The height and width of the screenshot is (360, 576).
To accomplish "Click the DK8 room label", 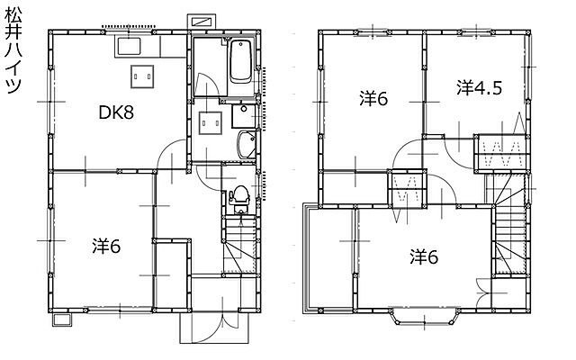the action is (x=116, y=112).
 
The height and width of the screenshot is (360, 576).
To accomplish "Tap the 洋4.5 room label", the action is (x=480, y=88).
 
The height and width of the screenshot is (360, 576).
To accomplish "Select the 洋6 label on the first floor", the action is (x=106, y=246).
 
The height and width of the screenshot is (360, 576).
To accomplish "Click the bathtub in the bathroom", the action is (x=241, y=61).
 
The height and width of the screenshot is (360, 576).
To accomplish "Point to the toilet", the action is (x=240, y=199).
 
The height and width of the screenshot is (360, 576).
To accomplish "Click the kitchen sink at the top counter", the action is (x=129, y=46).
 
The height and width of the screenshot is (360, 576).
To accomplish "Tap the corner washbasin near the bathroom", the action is (x=246, y=145).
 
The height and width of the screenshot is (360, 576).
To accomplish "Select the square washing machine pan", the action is (x=243, y=116).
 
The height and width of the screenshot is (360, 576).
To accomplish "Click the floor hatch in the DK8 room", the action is (x=142, y=76).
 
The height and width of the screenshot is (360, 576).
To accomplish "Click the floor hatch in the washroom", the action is (x=211, y=123).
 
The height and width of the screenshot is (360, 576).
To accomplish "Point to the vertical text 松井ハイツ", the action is (x=13, y=51).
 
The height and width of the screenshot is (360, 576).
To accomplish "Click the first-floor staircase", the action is (x=240, y=245).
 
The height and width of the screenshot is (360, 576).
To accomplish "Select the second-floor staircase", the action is (x=510, y=225).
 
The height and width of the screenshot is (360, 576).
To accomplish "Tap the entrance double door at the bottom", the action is (x=214, y=328).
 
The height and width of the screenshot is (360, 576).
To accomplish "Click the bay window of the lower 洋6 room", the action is (x=424, y=318).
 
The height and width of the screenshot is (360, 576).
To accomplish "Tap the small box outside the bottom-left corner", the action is (x=61, y=319).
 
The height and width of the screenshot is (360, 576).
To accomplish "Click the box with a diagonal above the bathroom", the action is (x=202, y=22).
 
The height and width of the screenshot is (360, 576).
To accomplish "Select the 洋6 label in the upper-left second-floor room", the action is (x=373, y=98).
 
